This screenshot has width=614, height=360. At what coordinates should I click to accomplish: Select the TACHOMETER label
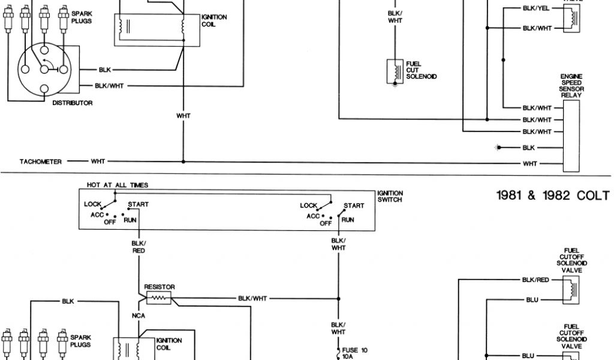click(x=41, y=161)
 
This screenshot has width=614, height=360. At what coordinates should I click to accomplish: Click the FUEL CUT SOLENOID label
click(x=421, y=70)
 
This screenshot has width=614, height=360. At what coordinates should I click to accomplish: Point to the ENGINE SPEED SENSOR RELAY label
click(x=571, y=86)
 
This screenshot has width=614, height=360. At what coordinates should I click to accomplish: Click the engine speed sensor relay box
click(x=571, y=133)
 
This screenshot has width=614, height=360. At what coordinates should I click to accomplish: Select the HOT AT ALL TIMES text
click(x=118, y=185)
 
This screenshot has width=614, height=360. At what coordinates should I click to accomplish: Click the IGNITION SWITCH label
click(x=390, y=196)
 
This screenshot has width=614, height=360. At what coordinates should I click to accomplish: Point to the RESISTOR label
click(x=159, y=287)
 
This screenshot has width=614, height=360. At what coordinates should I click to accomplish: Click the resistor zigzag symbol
click(x=159, y=297)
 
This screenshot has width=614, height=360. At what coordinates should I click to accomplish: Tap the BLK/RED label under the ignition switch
click(x=139, y=246)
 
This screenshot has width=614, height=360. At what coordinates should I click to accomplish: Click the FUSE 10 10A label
click(x=354, y=352)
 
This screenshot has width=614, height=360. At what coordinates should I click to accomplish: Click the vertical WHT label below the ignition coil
click(x=183, y=116)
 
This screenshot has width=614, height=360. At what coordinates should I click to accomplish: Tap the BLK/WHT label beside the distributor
click(x=109, y=86)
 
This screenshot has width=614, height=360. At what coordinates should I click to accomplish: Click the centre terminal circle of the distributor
click(x=44, y=69)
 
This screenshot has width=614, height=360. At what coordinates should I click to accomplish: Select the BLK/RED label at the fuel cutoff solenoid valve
click(x=535, y=280)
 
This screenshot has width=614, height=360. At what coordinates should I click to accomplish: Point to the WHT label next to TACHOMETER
click(x=98, y=161)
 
